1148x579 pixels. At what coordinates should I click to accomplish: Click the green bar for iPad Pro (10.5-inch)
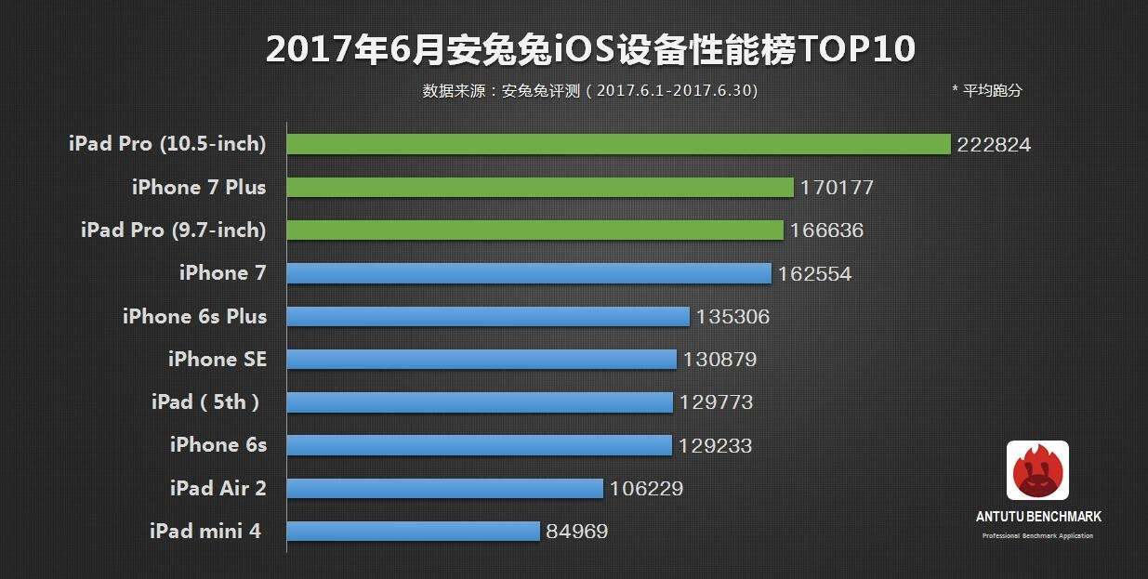click(618, 144)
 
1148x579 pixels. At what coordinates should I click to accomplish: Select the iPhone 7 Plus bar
click(539, 187)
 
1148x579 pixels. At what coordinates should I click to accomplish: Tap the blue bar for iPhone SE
click(481, 359)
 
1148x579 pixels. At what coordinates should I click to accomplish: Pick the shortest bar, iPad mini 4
click(413, 531)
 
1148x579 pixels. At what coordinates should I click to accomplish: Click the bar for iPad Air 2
click(444, 488)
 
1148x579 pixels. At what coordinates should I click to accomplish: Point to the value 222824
click(995, 145)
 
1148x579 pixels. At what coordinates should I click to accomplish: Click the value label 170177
click(837, 188)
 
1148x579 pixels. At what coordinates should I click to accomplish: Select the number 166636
click(826, 230)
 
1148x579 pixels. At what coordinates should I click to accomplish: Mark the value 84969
click(577, 532)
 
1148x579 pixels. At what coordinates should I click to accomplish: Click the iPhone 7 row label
click(222, 273)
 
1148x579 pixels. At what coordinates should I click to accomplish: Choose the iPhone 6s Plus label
click(194, 316)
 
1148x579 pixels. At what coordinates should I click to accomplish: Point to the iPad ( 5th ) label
click(205, 402)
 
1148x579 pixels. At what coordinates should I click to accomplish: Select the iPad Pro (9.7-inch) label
click(174, 230)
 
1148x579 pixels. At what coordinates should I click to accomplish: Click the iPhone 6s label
click(218, 445)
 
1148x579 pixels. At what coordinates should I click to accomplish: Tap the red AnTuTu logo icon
click(1037, 470)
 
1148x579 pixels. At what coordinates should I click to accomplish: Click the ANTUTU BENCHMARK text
click(1038, 517)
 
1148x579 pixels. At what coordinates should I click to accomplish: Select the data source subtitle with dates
click(590, 91)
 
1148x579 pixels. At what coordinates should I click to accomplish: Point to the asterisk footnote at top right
click(986, 91)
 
